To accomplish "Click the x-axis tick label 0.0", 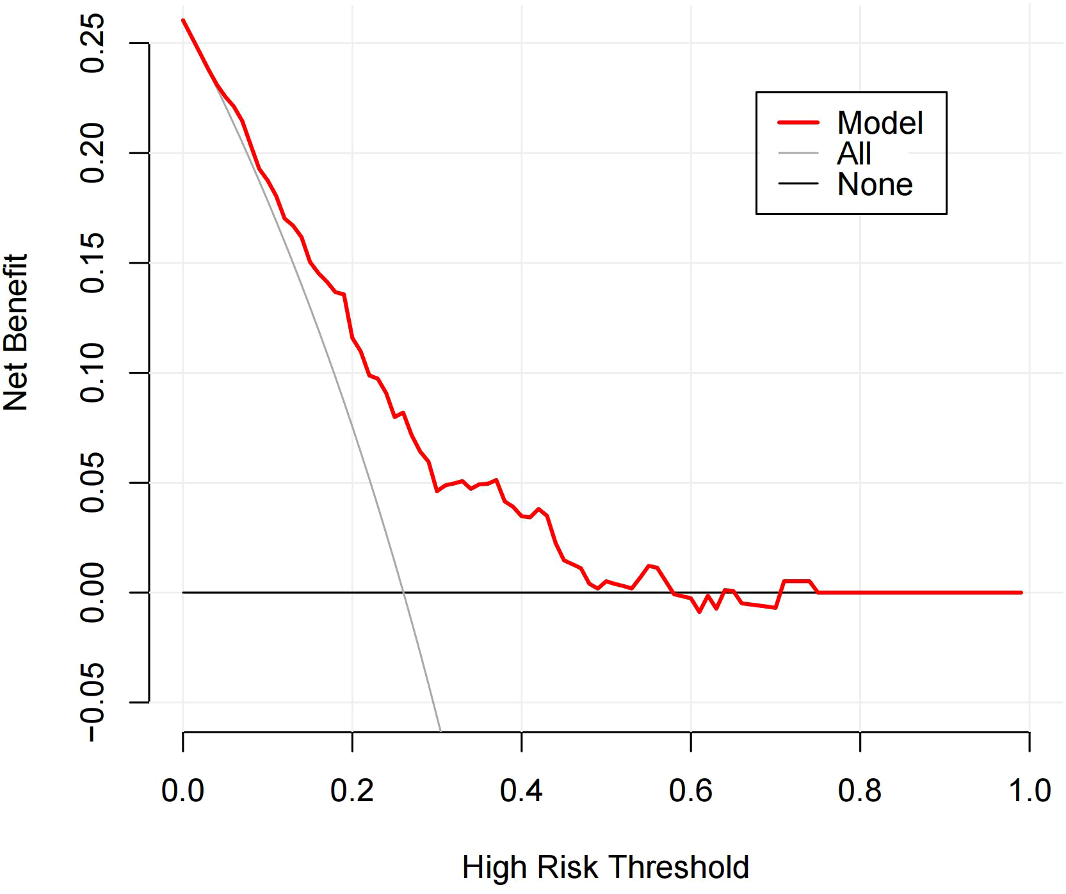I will click(x=182, y=791).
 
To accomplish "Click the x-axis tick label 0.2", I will click(x=351, y=791).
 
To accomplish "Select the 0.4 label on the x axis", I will click(x=521, y=791).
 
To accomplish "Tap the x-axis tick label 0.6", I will click(x=690, y=791).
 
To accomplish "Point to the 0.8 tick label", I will click(x=859, y=791).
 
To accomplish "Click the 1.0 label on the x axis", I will click(x=1029, y=791).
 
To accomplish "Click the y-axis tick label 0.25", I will click(x=92, y=44).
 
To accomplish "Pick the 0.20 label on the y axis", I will click(x=92, y=153).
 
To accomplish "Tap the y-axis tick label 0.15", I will click(x=92, y=263).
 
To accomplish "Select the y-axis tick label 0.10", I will click(x=92, y=372).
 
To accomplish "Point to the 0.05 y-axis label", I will click(x=92, y=483).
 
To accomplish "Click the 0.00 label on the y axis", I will click(x=92, y=593).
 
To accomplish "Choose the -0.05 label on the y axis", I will click(x=92, y=702).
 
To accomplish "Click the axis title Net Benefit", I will click(x=15, y=333).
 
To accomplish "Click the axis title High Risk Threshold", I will click(x=605, y=868).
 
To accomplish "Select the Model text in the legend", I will click(x=880, y=123).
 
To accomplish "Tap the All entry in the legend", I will click(x=853, y=154).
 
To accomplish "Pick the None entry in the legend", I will click(x=875, y=184).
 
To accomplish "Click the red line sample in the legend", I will click(x=798, y=122).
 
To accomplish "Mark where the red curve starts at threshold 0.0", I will click(x=183, y=20).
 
